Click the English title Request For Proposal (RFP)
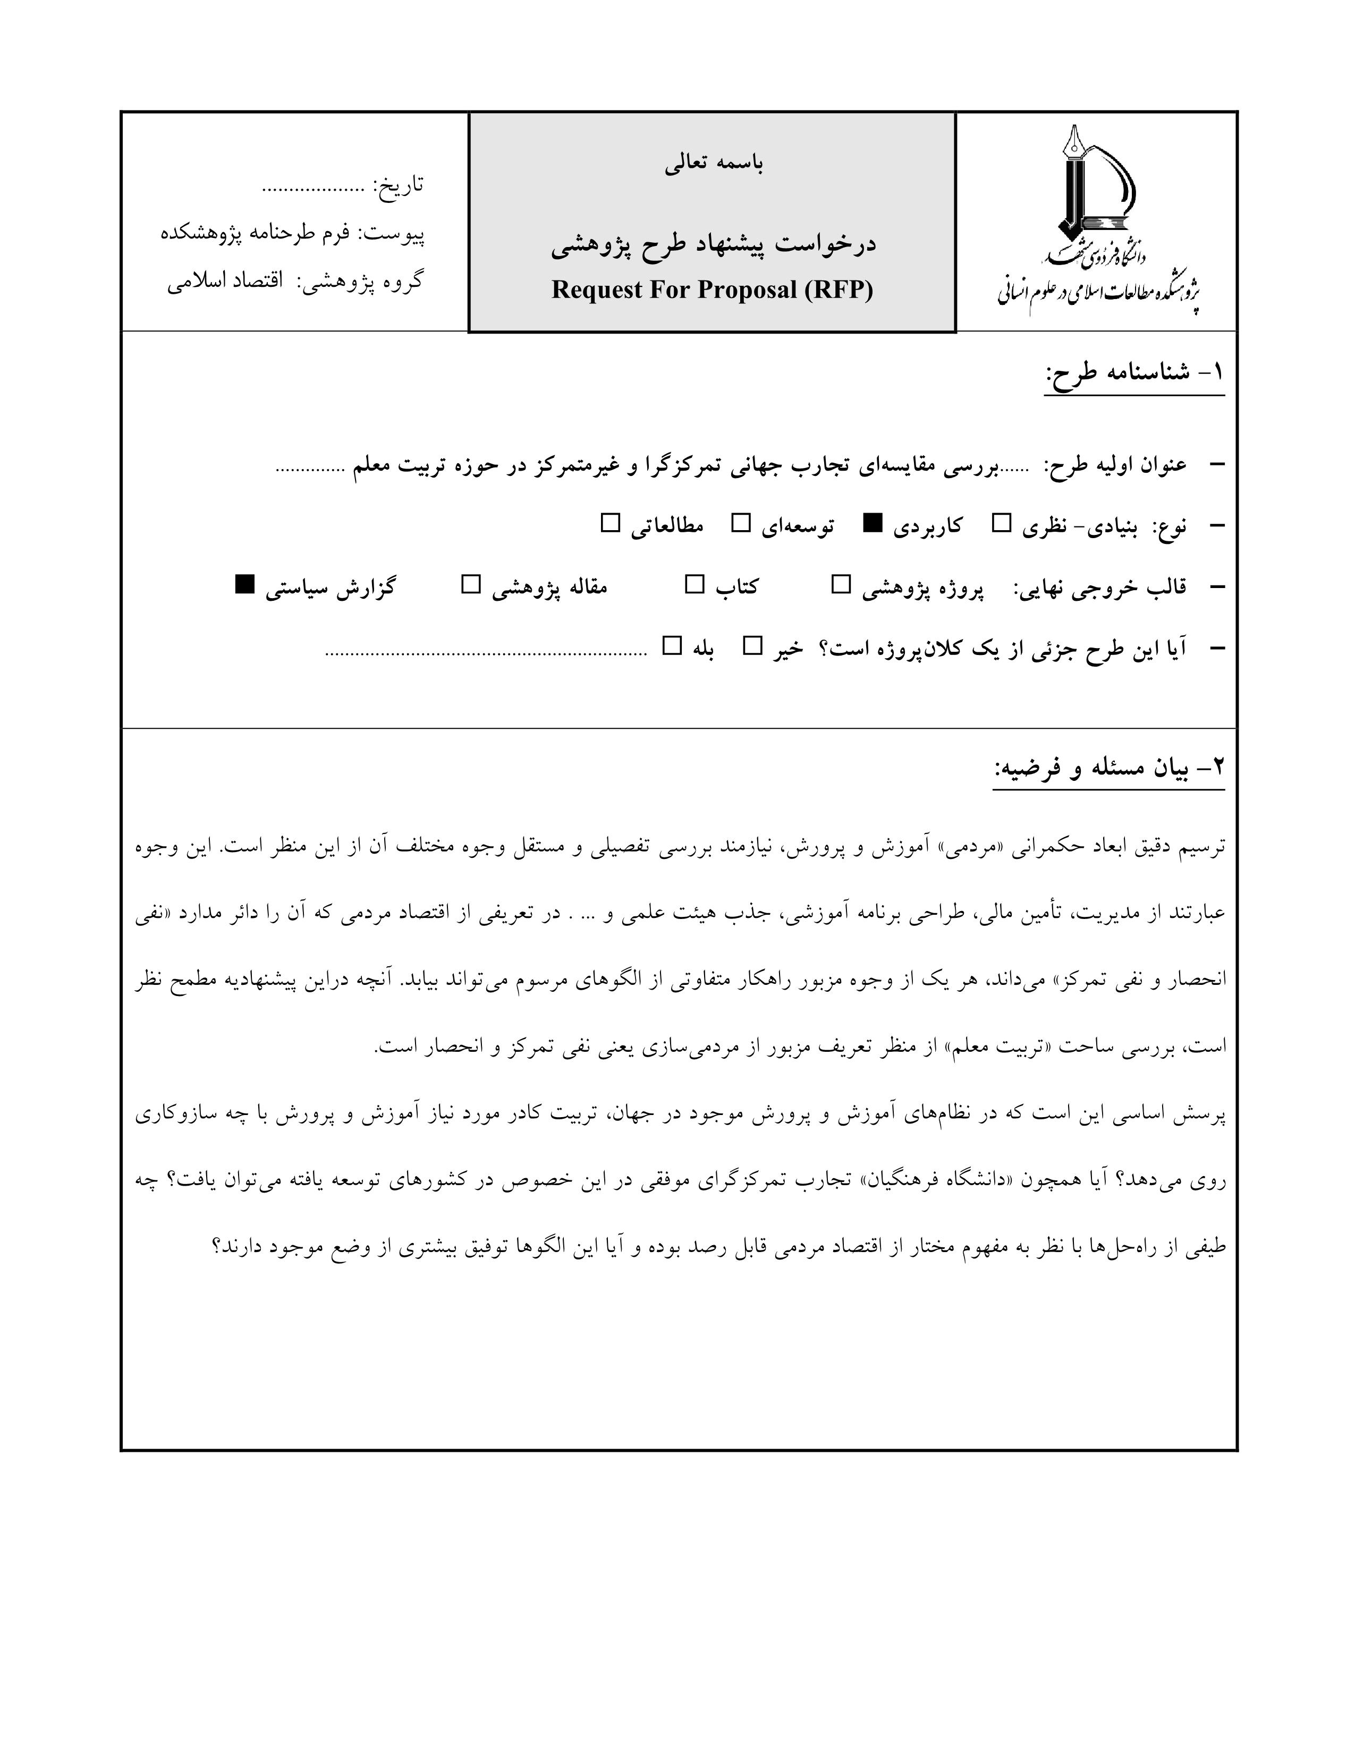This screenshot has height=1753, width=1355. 712,290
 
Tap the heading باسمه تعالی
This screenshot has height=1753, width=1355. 714,164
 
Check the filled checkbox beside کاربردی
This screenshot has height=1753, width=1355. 873,524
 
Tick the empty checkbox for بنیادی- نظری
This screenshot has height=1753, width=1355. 1002,524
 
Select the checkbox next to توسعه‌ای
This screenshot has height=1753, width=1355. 741,524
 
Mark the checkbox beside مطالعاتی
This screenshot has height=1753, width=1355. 611,524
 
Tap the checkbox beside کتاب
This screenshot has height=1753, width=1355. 695,585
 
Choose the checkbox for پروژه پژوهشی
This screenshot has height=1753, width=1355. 841,585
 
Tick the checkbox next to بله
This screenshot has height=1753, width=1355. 672,646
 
